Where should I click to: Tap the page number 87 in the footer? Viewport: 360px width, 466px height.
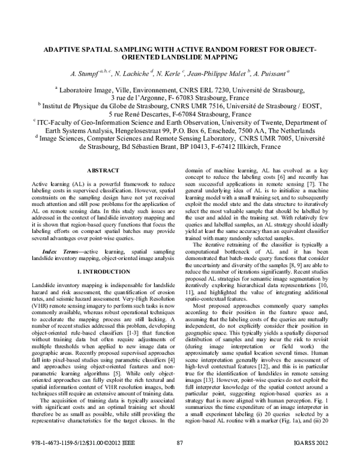pyautogui.click(x=179, y=459)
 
